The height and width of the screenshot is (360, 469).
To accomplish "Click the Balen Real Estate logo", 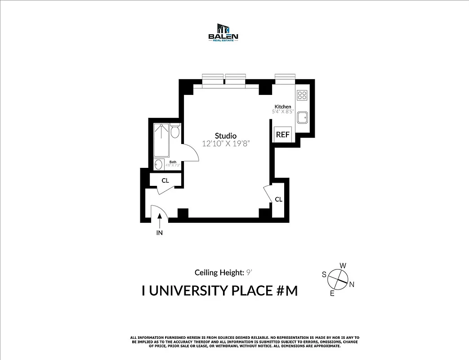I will (223, 32).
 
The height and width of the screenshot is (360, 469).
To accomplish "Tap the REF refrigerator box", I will (283, 134).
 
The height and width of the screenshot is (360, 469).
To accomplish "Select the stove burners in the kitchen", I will (302, 95).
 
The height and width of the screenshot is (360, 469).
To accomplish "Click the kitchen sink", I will (302, 117).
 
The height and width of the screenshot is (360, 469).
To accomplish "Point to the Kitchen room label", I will (283, 107).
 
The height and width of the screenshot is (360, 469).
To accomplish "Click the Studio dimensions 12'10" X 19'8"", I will (225, 144).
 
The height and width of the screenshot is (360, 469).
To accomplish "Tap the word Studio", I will (225, 135).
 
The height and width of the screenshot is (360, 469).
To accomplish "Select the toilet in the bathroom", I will (175, 131).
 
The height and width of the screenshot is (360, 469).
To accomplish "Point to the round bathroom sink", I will (158, 165).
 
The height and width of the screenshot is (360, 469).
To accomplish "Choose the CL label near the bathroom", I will (165, 180).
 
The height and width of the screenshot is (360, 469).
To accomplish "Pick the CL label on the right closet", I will (278, 199).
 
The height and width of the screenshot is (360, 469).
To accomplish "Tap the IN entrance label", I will (159, 233).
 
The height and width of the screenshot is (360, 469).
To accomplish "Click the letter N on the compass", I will (352, 284).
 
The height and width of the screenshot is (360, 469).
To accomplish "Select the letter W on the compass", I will (342, 265).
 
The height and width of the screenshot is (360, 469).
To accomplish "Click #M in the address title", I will (286, 291).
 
